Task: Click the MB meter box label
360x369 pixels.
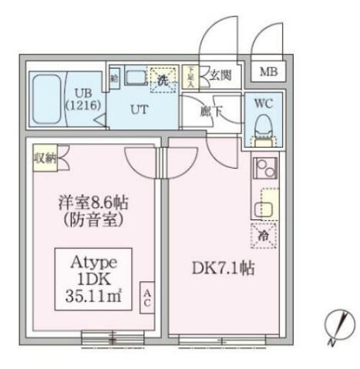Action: click(267, 72)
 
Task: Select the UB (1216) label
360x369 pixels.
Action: click(82, 98)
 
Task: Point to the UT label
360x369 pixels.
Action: click(138, 109)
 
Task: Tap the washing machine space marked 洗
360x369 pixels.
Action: click(163, 79)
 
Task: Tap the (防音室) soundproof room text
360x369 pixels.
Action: click(93, 220)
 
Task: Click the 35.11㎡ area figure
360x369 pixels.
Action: click(92, 293)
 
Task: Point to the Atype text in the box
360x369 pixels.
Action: click(92, 260)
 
